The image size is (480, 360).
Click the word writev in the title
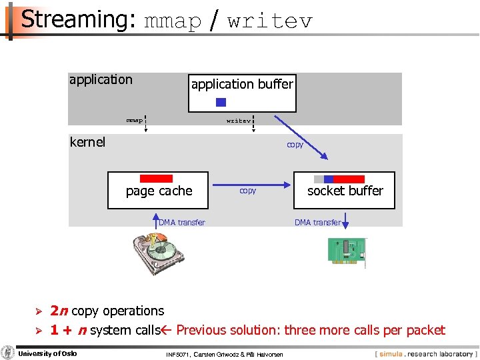point(269,21)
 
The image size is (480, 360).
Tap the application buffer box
point(242,92)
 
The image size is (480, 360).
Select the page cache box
point(159,190)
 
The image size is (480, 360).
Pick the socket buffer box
point(345,190)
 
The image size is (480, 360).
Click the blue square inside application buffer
point(221,102)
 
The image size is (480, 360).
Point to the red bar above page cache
point(157,179)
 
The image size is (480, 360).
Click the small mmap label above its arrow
point(135,121)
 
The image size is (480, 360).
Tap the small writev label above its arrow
point(239,121)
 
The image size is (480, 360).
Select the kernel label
point(87,142)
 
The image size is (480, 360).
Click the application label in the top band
point(101,80)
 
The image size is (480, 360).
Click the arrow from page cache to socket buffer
point(250,181)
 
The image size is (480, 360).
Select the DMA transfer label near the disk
point(182,223)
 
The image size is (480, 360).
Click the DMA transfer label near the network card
point(317,223)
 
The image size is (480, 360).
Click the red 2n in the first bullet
point(59,311)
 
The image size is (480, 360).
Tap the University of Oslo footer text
point(47,353)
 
